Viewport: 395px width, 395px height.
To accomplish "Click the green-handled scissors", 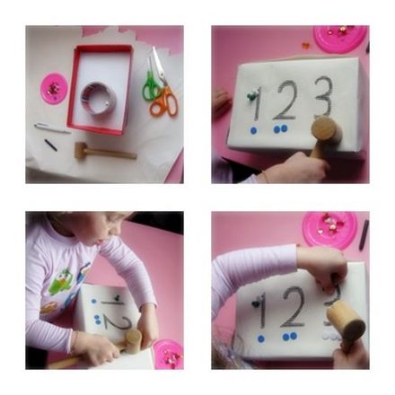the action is coord(151,87).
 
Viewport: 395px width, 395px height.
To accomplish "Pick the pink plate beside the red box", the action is coord(54,89).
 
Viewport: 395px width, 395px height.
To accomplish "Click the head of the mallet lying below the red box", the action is coord(81,150).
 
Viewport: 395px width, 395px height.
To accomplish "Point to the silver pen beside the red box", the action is coord(52,128).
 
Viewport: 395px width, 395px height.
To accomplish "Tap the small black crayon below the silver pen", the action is coord(51,145).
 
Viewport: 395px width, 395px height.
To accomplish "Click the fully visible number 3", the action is coord(322,97).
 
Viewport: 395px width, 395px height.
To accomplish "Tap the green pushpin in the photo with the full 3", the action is coord(250,94).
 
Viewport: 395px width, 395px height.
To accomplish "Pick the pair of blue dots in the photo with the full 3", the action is coord(280,129).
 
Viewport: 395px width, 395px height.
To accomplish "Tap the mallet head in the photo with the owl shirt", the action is coord(133,340).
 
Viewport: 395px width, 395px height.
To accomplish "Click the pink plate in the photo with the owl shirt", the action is coord(168,354).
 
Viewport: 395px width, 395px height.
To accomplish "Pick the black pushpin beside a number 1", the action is coord(256,303).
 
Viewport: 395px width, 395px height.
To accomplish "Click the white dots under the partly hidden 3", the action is coord(333,337).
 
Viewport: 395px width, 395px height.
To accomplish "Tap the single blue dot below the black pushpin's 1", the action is coord(261,339).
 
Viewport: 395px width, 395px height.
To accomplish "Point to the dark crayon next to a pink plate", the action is coord(364,235).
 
